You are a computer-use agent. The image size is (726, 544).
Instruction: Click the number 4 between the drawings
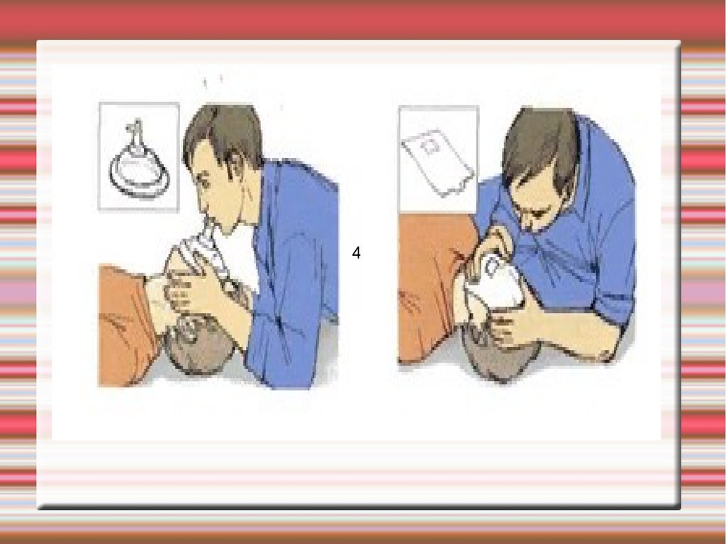356,253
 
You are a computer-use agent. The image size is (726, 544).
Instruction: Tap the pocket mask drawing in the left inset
139,163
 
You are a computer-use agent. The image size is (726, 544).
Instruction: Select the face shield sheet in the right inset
437,162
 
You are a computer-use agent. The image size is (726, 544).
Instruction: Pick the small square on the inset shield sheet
430,147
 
